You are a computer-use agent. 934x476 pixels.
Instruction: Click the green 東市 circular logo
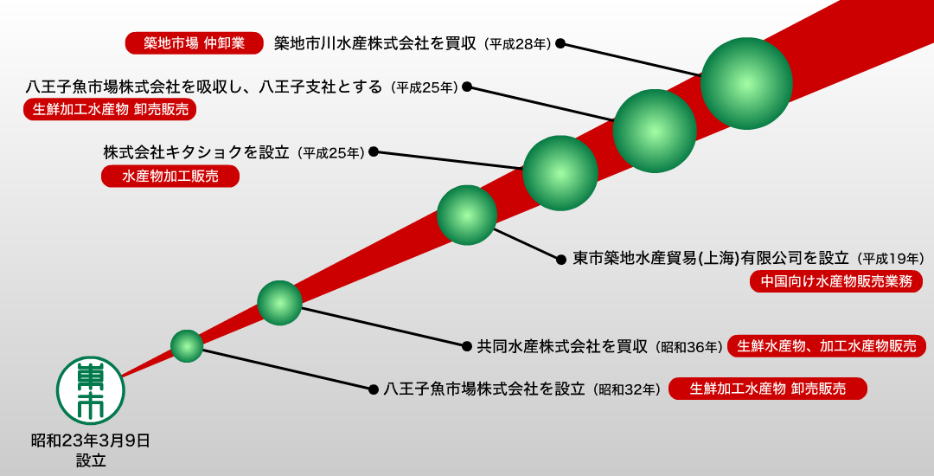pyautogui.click(x=91, y=391)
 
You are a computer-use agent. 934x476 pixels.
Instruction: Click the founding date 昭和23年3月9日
pyautogui.click(x=91, y=441)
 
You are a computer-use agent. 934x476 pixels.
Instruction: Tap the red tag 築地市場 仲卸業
pyautogui.click(x=195, y=43)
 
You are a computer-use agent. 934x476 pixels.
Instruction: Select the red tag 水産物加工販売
pyautogui.click(x=170, y=177)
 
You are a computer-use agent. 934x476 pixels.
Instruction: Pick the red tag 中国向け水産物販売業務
pyautogui.click(x=836, y=281)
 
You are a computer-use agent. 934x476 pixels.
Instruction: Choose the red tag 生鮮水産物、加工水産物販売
pyautogui.click(x=827, y=345)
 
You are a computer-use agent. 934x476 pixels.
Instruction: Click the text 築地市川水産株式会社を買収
pyautogui.click(x=375, y=43)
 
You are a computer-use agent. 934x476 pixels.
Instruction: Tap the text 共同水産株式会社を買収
pyautogui.click(x=562, y=347)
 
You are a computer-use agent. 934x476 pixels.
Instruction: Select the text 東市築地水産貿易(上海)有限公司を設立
pyautogui.click(x=711, y=259)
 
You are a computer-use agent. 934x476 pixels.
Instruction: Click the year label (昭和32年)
pyautogui.click(x=627, y=389)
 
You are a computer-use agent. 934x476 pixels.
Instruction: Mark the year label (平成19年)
pyautogui.click(x=891, y=259)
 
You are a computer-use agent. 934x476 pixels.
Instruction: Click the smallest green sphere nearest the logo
pyautogui.click(x=187, y=346)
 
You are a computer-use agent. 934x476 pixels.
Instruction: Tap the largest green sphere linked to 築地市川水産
pyautogui.click(x=746, y=83)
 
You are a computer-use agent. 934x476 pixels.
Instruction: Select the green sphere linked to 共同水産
pyautogui.click(x=280, y=303)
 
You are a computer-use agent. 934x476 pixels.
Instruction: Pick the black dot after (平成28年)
pyautogui.click(x=560, y=43)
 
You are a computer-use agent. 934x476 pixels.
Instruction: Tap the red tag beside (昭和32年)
pyautogui.click(x=768, y=389)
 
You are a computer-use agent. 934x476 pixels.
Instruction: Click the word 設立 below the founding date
pyautogui.click(x=91, y=460)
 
